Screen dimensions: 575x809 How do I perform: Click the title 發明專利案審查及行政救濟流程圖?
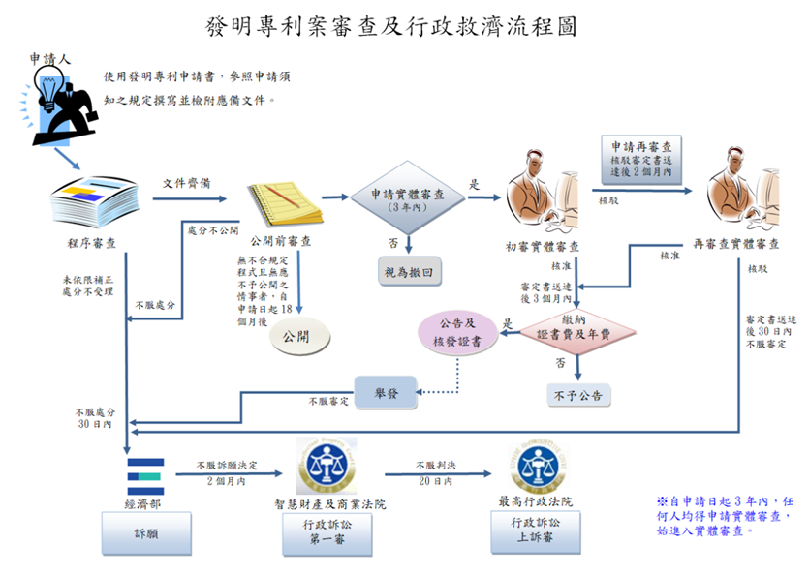pos(391,26)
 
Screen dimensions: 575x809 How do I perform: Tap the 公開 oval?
pos(299,338)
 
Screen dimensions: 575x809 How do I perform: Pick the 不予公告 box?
pos(578,394)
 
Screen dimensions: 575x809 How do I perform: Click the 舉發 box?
pos(386,392)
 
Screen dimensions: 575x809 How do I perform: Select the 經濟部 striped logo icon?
pos(146,469)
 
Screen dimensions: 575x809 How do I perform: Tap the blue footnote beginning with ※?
pos(726,516)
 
